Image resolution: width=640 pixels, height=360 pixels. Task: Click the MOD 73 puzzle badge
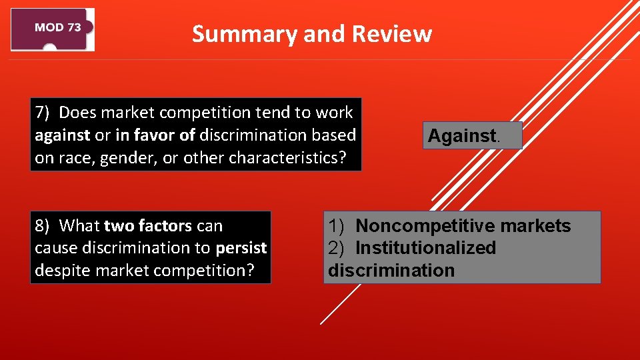point(53,29)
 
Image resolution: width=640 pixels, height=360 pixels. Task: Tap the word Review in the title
point(391,34)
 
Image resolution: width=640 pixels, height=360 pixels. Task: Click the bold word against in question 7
point(62,135)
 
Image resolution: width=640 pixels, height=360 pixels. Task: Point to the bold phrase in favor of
point(155,135)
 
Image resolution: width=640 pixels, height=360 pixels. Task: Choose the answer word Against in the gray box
point(462,136)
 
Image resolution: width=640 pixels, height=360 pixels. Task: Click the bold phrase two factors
point(147,226)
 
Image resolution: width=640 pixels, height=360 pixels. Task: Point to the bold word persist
point(241,248)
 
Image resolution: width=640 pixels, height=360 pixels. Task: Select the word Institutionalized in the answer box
point(425,248)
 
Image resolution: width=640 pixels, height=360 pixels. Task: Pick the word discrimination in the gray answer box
point(391,271)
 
